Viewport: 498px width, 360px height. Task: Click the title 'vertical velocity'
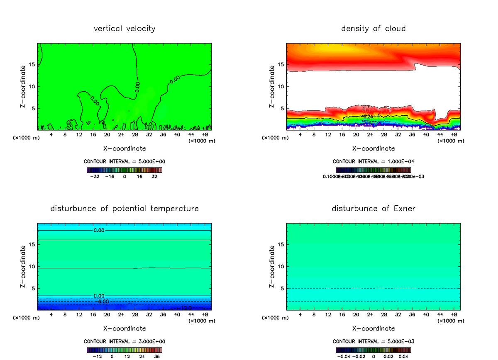(x=124, y=29)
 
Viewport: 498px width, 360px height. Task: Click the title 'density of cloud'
(x=373, y=29)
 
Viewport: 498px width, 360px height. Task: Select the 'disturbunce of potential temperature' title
(x=124, y=209)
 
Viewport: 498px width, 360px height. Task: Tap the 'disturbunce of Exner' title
(x=373, y=209)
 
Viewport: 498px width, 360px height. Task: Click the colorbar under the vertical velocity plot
(x=124, y=170)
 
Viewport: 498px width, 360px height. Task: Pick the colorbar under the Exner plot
(x=373, y=350)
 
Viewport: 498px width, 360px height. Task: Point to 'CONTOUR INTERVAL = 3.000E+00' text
(x=124, y=341)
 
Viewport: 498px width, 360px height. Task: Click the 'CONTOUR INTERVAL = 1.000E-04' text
(x=373, y=161)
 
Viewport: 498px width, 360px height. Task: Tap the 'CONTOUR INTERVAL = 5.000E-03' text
(x=373, y=341)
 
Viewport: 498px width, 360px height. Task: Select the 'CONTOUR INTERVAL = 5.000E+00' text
(x=124, y=161)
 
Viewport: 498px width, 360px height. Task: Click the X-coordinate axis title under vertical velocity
(x=124, y=148)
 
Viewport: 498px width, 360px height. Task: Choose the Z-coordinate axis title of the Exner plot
(x=272, y=266)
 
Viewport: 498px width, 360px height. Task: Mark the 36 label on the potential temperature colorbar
(x=157, y=356)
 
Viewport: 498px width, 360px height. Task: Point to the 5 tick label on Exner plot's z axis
(x=283, y=289)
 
